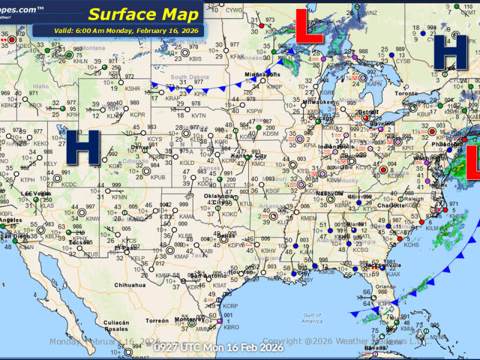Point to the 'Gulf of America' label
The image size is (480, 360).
tap(311, 318)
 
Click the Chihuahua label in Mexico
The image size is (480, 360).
tap(130, 285)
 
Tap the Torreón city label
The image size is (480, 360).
tap(157, 321)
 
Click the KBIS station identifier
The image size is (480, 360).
tap(195, 59)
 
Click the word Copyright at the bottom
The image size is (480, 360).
tap(283, 341)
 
